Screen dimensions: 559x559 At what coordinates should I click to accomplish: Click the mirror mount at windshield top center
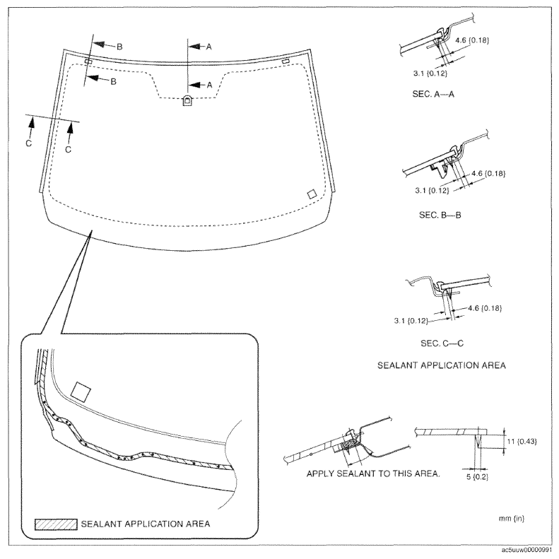tap(187, 100)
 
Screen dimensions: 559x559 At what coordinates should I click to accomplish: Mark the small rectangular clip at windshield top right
tap(286, 62)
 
